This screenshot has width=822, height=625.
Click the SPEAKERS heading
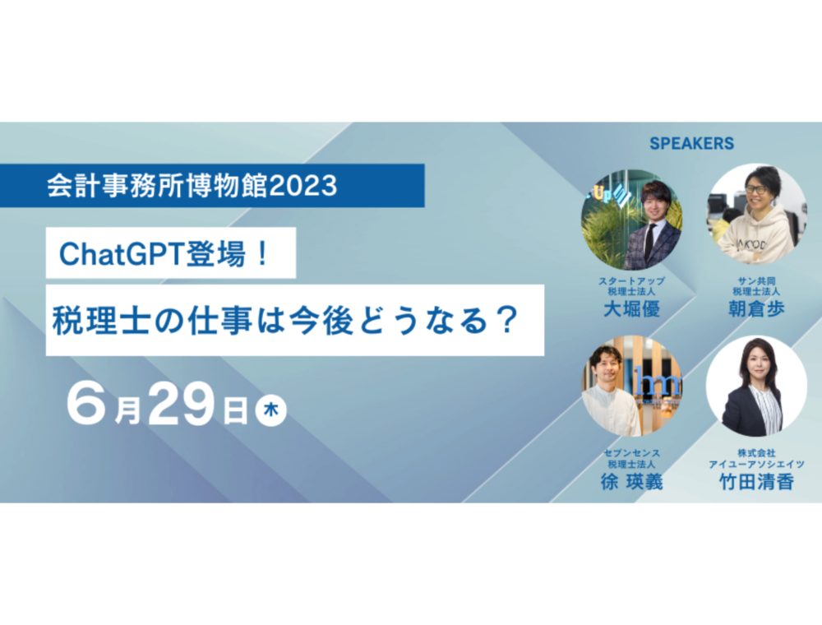pos(691,144)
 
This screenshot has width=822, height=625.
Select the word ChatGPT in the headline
pos(122,254)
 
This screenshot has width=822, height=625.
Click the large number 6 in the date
pos(86,403)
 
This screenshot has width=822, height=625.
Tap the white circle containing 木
pos(270,410)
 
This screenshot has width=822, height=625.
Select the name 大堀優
pos(631,309)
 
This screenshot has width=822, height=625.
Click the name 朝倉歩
pos(756,309)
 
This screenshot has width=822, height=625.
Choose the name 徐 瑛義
pos(631,481)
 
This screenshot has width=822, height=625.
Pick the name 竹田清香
pos(756,481)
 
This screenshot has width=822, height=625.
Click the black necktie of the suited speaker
pos(649,243)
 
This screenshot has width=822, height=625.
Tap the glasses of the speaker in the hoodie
pos(756,189)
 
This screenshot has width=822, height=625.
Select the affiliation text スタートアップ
pos(631,281)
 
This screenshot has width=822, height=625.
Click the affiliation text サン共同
pos(756,281)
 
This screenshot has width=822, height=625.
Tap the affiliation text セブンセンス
pos(631,453)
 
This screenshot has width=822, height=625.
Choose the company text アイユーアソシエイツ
pos(756,465)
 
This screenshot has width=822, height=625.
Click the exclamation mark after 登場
pos(263,254)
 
